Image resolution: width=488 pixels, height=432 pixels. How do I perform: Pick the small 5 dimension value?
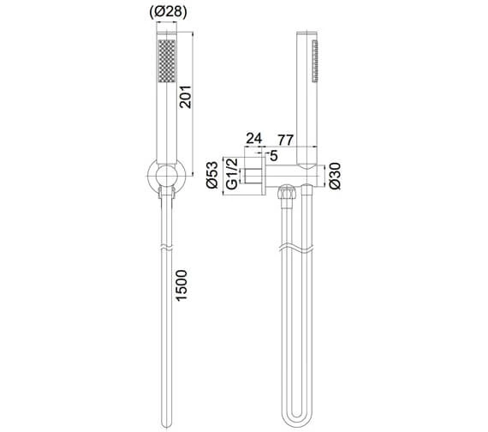pos(273,155)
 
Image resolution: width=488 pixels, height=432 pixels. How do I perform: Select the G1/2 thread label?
pos(231,178)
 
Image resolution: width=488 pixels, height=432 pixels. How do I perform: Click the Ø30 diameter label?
pos(336,178)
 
